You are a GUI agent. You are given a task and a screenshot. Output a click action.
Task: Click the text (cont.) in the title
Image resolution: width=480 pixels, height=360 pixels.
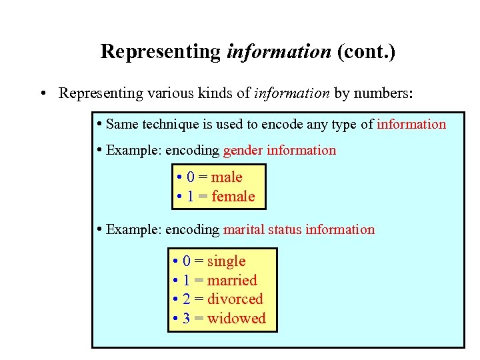tap(366, 51)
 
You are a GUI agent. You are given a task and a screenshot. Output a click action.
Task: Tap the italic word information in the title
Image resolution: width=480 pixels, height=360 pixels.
tap(279, 51)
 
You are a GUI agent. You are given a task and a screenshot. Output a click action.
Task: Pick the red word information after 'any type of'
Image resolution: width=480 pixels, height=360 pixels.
tap(411, 124)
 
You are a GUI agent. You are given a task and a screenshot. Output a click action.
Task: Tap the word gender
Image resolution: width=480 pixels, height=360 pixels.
tap(243, 150)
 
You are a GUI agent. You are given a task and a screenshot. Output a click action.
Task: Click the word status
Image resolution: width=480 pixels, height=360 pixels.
tap(285, 229)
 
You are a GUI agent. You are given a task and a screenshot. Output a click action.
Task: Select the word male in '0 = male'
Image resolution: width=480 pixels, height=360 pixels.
tap(227, 177)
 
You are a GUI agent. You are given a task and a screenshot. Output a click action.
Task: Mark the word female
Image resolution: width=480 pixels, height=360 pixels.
tap(233, 196)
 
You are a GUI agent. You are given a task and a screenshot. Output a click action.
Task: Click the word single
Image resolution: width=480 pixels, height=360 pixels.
tap(227, 261)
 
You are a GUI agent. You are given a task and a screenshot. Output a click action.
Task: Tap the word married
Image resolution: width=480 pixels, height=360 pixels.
tap(232, 280)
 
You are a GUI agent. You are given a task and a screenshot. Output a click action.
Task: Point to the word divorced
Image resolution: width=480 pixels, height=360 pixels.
tap(235, 299)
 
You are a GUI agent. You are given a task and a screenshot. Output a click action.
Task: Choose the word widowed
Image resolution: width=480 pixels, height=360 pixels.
tap(237, 318)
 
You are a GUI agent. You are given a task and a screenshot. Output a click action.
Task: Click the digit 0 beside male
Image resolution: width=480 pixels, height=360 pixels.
tap(191, 177)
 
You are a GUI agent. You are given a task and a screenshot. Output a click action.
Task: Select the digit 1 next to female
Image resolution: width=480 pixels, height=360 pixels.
tap(191, 196)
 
